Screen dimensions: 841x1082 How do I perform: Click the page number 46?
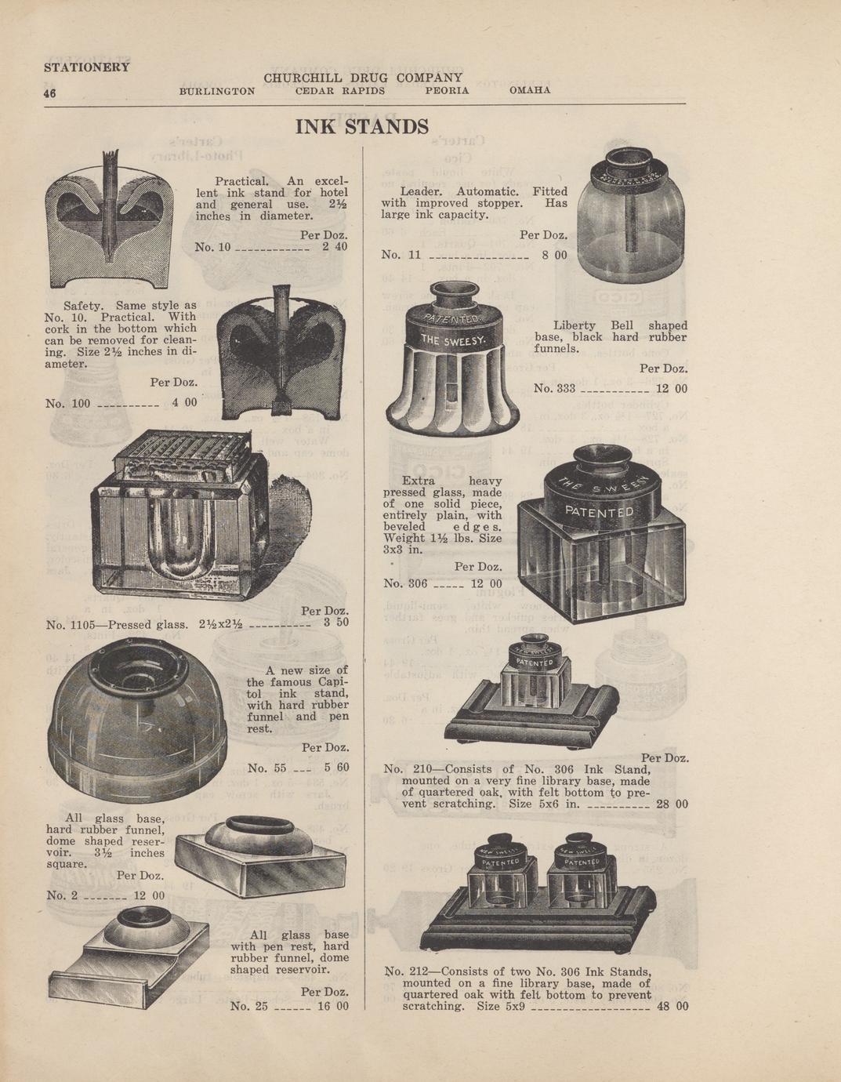pyautogui.click(x=49, y=93)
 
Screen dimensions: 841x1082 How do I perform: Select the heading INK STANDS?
pyautogui.click(x=362, y=126)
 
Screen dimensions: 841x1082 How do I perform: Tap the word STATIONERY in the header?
pyautogui.click(x=86, y=67)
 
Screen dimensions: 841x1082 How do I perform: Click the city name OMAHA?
pyautogui.click(x=530, y=90)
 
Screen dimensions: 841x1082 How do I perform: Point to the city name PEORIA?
pyautogui.click(x=447, y=91)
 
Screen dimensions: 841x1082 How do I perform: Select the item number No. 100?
pyautogui.click(x=67, y=403)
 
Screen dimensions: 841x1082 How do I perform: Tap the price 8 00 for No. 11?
pyautogui.click(x=554, y=255)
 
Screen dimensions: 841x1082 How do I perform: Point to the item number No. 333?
pyautogui.click(x=555, y=388)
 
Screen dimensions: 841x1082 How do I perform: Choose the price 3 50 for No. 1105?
pyautogui.click(x=336, y=622)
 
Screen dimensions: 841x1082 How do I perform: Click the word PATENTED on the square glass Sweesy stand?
pyautogui.click(x=599, y=512)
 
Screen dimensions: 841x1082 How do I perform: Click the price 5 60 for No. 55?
pyautogui.click(x=336, y=768)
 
